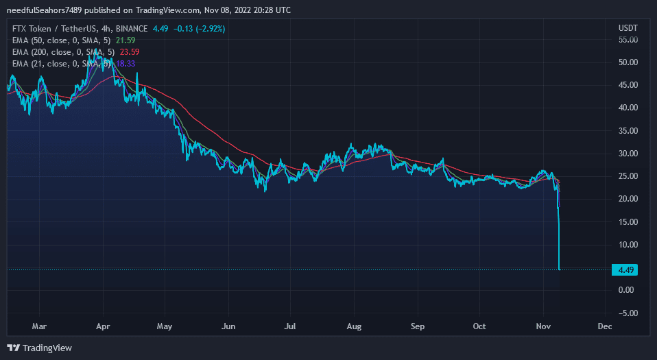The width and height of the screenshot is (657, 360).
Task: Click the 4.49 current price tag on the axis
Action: pos(625,269)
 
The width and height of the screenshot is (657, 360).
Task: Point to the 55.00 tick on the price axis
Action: pos(628,40)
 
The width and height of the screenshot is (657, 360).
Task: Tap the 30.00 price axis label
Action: pos(628,154)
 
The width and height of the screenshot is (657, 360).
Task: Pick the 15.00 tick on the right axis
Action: pos(628,222)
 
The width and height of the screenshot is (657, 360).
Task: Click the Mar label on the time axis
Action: pos(40,326)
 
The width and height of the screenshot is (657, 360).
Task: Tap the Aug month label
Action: pos(354,326)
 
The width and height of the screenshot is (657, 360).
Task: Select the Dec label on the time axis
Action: pos(604,326)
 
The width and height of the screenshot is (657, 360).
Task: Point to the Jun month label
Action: pos(228,326)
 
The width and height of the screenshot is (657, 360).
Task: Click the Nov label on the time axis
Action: pos(543,326)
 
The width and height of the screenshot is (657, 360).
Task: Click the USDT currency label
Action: pos(628,28)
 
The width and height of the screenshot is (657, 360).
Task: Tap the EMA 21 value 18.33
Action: pos(126,64)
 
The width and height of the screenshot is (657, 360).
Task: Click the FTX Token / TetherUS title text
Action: pos(50,29)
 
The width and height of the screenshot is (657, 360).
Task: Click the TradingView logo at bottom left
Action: pos(39,348)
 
